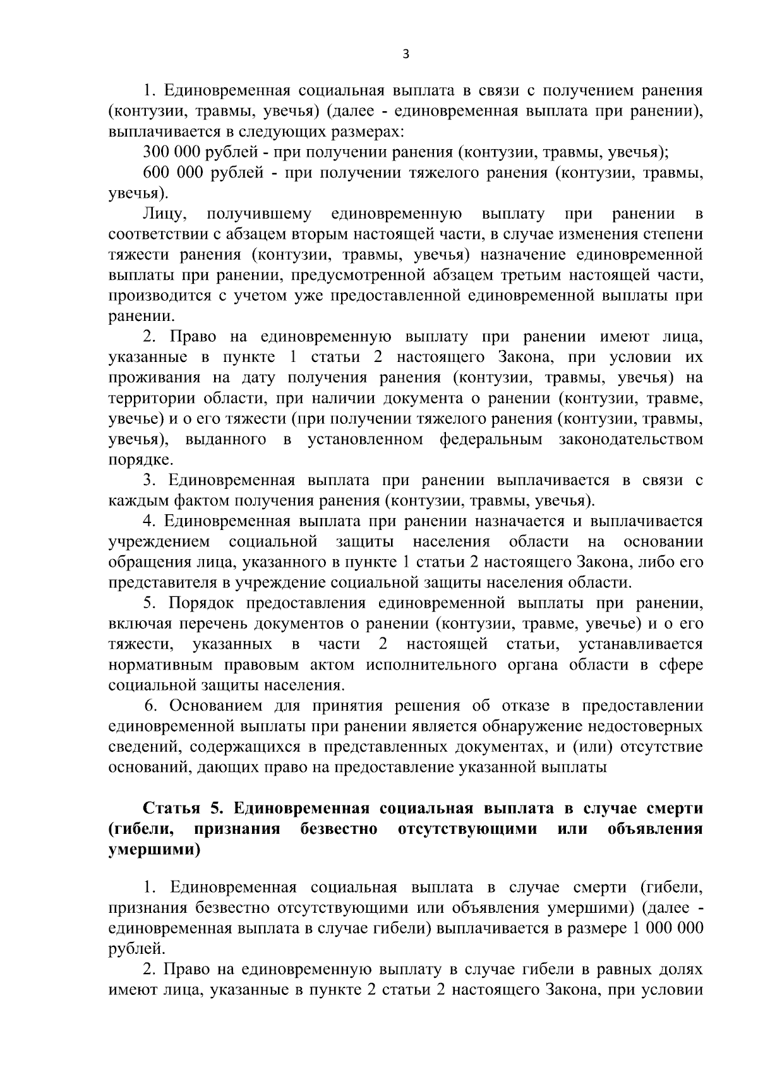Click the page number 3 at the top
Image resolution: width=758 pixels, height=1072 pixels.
(x=406, y=55)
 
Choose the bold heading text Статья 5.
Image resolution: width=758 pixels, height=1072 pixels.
(x=184, y=809)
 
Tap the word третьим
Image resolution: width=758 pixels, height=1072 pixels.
(x=524, y=275)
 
